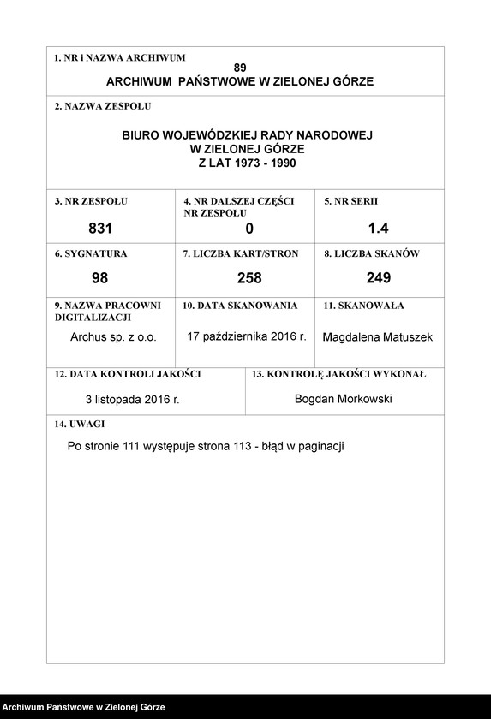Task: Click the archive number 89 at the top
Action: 240,68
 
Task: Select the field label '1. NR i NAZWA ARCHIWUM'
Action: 119,58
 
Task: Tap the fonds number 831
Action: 100,229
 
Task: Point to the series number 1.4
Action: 378,229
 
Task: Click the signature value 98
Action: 100,278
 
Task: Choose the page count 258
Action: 249,278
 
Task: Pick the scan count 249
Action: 378,278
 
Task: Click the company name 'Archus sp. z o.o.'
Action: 113,337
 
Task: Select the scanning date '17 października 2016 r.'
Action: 247,336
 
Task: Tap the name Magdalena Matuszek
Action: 378,337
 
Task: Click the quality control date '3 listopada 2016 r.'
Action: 132,400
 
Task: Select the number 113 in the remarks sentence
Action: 248,447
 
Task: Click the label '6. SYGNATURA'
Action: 90,254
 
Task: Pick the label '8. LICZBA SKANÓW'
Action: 371,254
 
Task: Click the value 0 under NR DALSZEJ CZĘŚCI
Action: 249,229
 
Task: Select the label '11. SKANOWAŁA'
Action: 363,306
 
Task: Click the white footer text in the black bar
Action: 83,708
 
